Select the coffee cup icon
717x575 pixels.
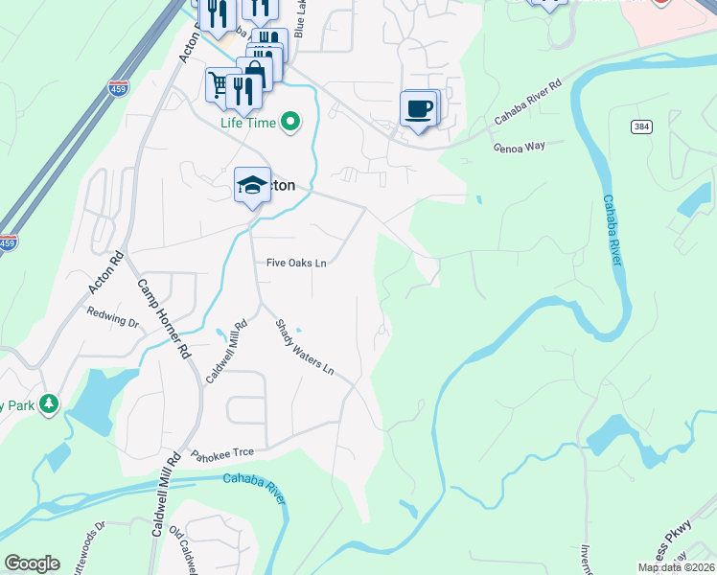418,108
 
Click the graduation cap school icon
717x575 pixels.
252,185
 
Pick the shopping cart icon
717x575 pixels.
220,85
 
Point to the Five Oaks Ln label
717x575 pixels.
297,263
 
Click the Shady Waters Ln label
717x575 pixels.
305,347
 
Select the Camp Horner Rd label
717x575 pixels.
161,318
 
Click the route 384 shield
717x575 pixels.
641,126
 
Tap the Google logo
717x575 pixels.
32,563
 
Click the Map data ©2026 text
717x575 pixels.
675,567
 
